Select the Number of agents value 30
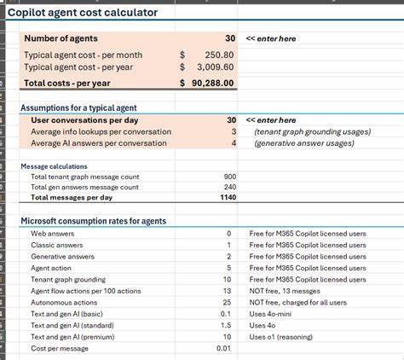point(229,38)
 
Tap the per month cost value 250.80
point(216,54)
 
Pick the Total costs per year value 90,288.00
point(207,83)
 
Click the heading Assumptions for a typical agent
point(78,107)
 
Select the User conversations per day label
point(78,120)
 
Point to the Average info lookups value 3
point(233,132)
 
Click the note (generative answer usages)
point(303,143)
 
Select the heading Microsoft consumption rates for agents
point(93,221)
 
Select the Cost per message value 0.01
point(223,348)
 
